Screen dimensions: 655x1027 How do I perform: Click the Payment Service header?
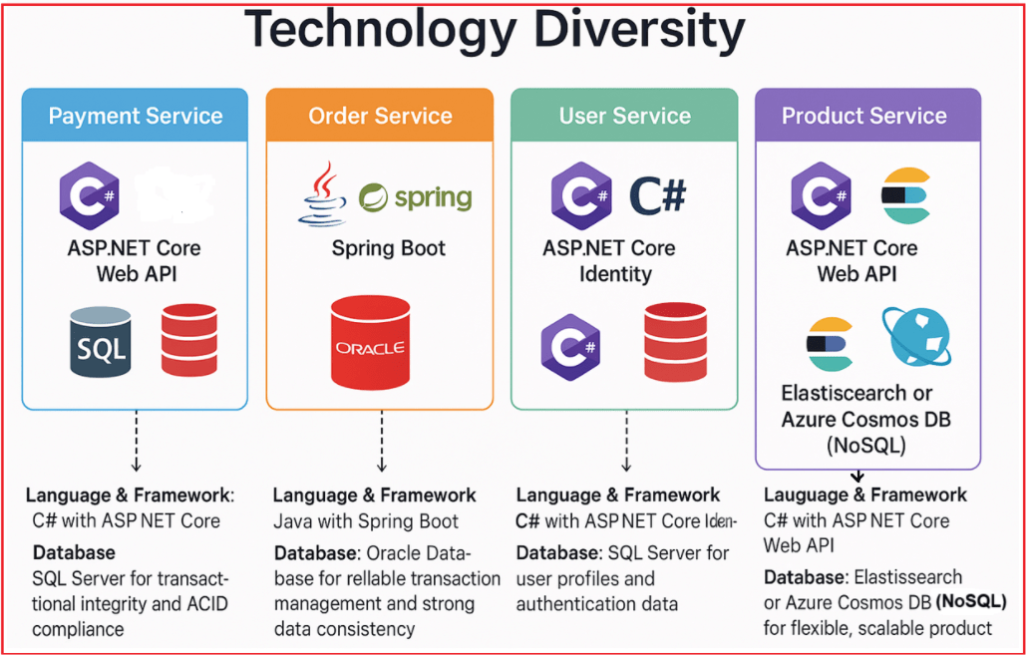pyautogui.click(x=136, y=116)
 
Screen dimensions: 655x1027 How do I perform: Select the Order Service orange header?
pyautogui.click(x=380, y=116)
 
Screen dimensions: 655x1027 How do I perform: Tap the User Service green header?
pyautogui.click(x=624, y=116)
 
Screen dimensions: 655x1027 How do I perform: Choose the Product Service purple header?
pyautogui.click(x=864, y=116)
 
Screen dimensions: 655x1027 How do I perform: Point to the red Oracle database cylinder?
pyautogui.click(x=370, y=342)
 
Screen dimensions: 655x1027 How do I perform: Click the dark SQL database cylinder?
pyautogui.click(x=101, y=342)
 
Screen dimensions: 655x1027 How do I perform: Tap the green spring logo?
pyautogui.click(x=416, y=196)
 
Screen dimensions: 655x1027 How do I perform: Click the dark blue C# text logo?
pyautogui.click(x=657, y=195)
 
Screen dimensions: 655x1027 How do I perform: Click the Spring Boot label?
pyautogui.click(x=388, y=248)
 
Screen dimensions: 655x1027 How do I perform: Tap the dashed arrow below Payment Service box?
pyautogui.click(x=136, y=441)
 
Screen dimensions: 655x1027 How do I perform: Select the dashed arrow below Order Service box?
pyautogui.click(x=381, y=441)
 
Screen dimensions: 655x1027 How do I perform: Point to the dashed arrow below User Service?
pyautogui.click(x=625, y=441)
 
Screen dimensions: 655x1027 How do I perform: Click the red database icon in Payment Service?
pyautogui.click(x=189, y=341)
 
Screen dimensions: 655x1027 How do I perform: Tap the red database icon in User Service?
pyautogui.click(x=675, y=341)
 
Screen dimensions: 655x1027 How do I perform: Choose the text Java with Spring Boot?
pyautogui.click(x=366, y=521)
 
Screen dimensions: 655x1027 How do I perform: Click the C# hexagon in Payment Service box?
pyautogui.click(x=89, y=195)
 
